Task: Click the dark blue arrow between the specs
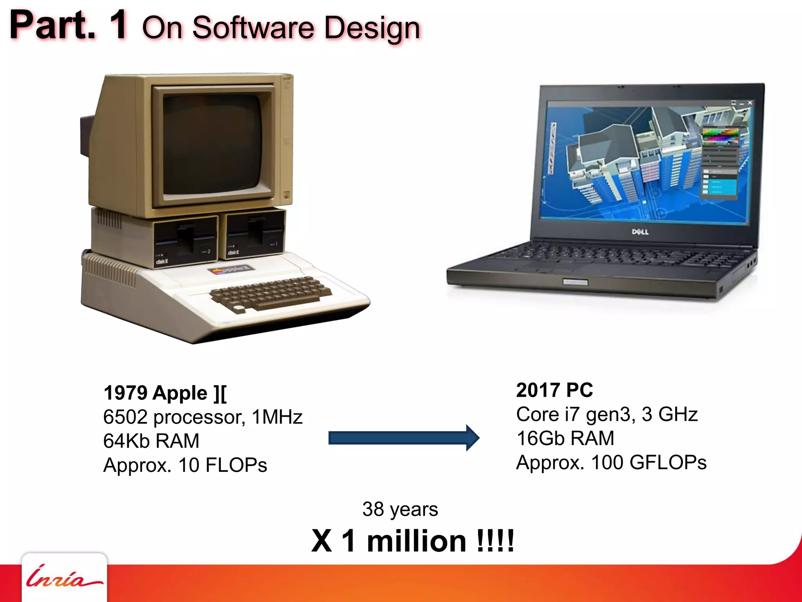click(403, 438)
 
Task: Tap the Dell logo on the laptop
click(640, 232)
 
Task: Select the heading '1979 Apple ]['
click(165, 393)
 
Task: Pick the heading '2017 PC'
click(555, 390)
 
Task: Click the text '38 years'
click(400, 509)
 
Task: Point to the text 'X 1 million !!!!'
click(413, 541)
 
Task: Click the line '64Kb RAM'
click(151, 441)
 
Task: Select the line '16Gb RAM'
click(565, 438)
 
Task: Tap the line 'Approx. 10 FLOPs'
click(185, 465)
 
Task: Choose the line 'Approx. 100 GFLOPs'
click(611, 462)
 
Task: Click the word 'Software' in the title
click(253, 28)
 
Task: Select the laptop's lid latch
click(575, 282)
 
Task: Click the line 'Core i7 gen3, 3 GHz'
click(607, 414)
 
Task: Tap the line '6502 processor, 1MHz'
click(203, 417)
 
